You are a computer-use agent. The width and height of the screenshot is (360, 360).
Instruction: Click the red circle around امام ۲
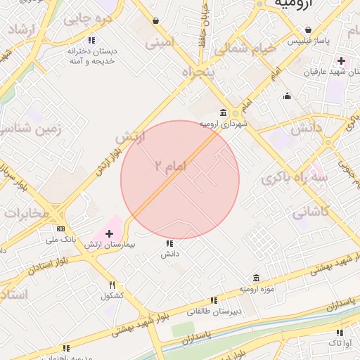tap(180, 180)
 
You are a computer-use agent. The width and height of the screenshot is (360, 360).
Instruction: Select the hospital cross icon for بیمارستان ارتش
tap(109, 233)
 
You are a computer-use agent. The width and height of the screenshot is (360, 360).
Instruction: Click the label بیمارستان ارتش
tap(109, 245)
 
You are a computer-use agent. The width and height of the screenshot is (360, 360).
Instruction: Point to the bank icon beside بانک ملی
tap(60, 229)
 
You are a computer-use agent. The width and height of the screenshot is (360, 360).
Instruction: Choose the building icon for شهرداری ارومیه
tap(224, 113)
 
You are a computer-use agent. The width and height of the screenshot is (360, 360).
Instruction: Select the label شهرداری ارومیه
tap(224, 124)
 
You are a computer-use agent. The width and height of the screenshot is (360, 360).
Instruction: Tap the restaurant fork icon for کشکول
tap(112, 285)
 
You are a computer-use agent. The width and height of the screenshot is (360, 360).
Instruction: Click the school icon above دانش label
tap(169, 243)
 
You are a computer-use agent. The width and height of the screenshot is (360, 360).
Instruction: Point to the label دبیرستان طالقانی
tap(214, 310)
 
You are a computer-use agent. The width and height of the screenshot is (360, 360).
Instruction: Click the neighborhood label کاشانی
tap(309, 210)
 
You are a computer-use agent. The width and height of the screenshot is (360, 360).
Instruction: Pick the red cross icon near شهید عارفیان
tap(340, 61)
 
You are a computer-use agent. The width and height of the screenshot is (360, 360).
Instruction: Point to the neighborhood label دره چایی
tap(88, 19)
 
